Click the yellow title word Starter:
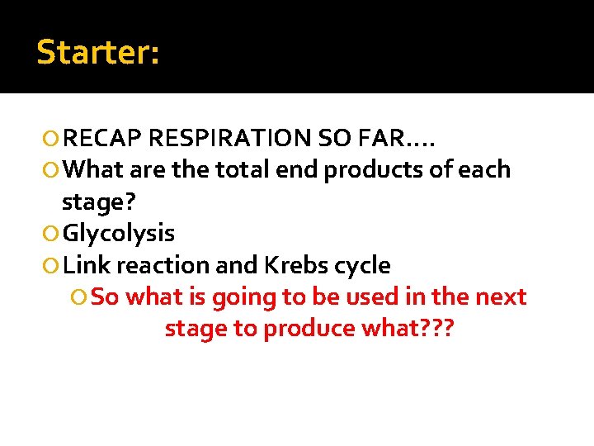pyautogui.click(x=98, y=52)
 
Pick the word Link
pyautogui.click(x=87, y=265)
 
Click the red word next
pyautogui.click(x=499, y=297)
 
